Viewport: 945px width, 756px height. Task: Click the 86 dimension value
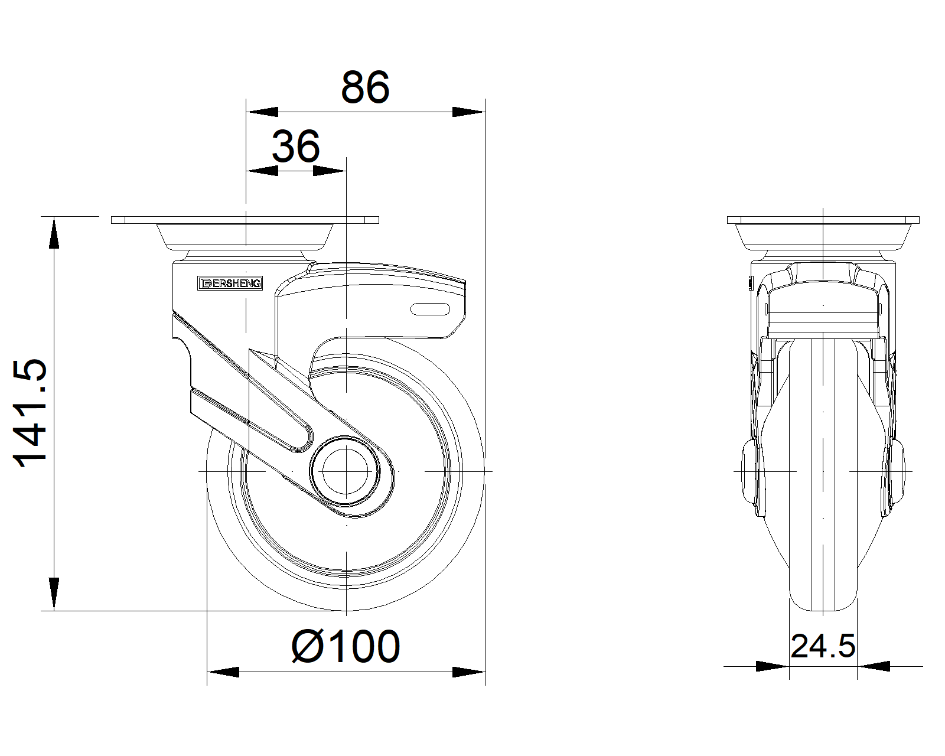click(x=365, y=87)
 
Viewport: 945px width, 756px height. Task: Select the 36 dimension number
click(x=295, y=146)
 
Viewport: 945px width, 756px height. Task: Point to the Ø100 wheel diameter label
click(x=346, y=647)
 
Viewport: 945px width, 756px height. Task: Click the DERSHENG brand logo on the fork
click(x=230, y=283)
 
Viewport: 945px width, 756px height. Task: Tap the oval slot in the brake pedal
click(x=430, y=309)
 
